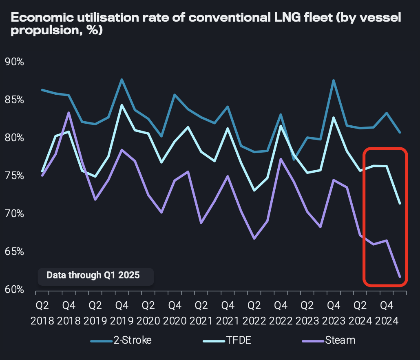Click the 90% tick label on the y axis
tap(14, 62)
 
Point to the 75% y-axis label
tap(14, 176)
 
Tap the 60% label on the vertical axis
tap(14, 290)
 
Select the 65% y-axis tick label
tap(14, 252)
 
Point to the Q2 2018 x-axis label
tap(42, 312)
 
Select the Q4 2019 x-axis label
tap(122, 312)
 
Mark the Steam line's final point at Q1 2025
tap(400, 277)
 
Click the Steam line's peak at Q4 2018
tap(69, 113)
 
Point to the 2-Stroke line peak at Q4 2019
tap(122, 80)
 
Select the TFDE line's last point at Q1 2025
tap(400, 203)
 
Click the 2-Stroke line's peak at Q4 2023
tap(334, 80)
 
